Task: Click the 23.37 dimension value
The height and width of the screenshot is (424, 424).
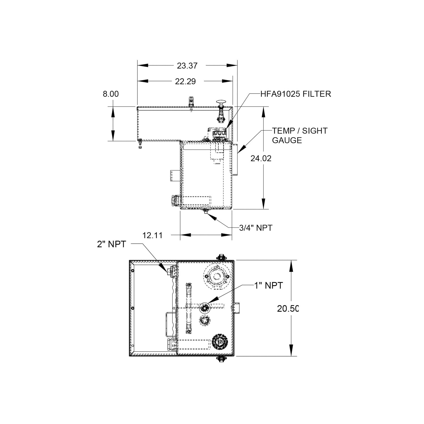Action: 187,66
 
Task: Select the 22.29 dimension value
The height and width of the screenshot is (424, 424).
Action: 185,81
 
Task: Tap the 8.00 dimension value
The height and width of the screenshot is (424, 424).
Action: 111,94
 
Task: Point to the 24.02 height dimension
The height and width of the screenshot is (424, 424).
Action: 261,158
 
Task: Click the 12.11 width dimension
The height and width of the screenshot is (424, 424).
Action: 153,235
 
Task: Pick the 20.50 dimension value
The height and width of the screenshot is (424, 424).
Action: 288,309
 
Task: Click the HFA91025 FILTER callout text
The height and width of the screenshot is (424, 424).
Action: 296,94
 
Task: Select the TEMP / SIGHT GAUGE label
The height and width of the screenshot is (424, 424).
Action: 300,135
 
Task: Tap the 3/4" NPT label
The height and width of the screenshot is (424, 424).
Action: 256,228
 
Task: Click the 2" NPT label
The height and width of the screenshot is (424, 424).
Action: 111,244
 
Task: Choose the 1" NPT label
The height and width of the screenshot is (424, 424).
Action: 269,285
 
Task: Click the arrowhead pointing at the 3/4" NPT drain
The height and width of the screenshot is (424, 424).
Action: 211,217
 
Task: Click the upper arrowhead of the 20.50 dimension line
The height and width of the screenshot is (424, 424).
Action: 291,266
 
